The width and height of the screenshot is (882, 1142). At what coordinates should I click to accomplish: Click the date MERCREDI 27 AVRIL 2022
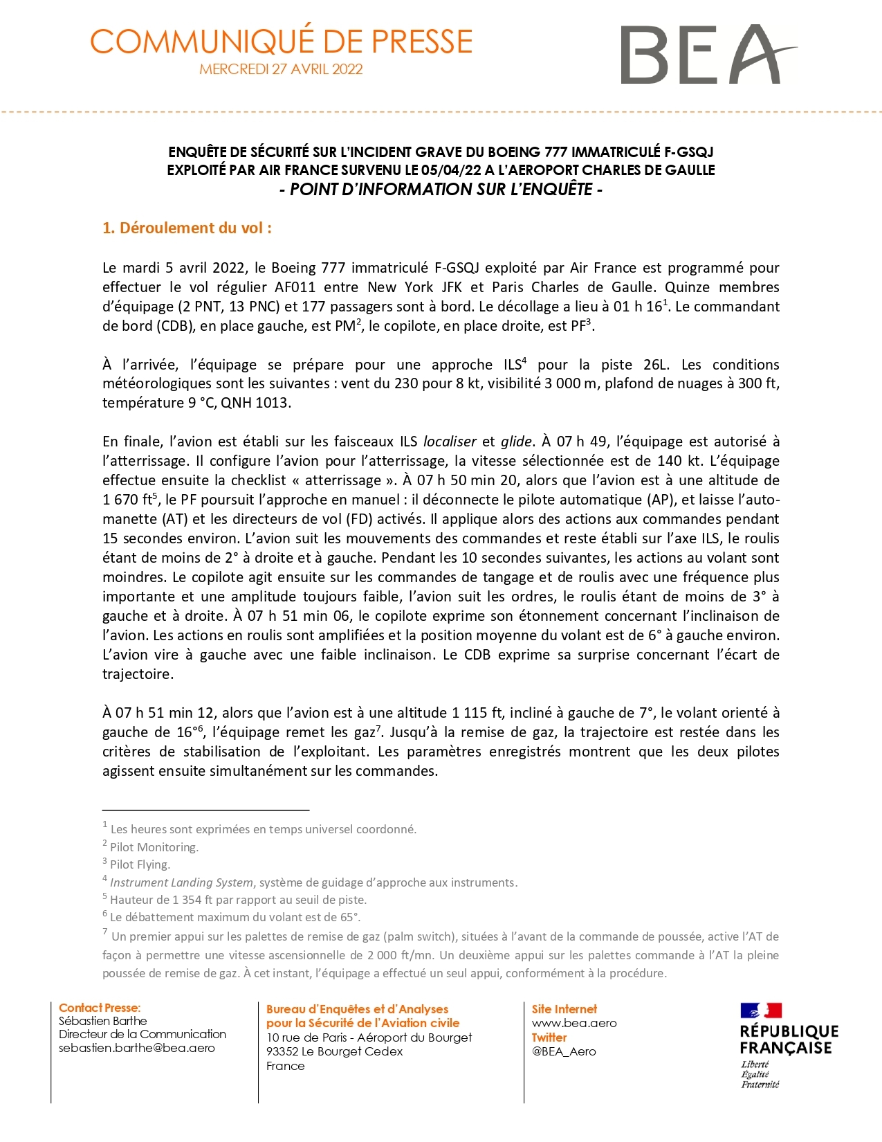point(281,69)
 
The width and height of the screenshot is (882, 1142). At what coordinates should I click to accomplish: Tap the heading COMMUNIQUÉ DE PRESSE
point(281,42)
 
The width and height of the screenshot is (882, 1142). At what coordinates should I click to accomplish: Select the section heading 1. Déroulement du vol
point(187,228)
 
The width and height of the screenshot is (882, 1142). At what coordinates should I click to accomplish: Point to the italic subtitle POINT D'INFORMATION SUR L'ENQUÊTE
point(441,190)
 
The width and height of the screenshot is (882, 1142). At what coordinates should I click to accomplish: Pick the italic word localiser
point(450,442)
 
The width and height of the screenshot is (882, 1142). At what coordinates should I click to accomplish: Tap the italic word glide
point(516,442)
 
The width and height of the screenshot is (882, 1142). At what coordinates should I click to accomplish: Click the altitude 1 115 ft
point(480,713)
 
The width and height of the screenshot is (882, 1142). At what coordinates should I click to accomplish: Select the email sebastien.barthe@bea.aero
point(137,1048)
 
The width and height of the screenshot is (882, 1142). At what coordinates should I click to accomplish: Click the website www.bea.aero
point(574,1023)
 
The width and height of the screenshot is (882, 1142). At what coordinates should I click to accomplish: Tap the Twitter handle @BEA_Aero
point(564,1051)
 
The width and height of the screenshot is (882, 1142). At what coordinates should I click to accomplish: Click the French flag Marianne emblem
point(761,1010)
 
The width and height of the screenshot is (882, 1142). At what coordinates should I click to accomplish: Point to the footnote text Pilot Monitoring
point(154,847)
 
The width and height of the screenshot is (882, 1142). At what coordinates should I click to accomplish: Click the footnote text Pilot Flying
point(140,864)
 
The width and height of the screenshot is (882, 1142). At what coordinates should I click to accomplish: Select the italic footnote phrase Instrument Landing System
point(181,882)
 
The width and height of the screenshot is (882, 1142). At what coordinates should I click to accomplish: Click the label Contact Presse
point(100,1008)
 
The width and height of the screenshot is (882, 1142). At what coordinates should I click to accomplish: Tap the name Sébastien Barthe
point(103,1021)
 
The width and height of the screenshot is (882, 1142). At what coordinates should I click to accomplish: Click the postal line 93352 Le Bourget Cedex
point(334,1051)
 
